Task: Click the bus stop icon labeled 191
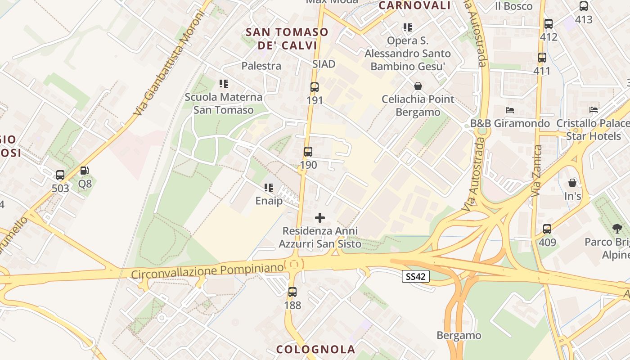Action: point(314,87)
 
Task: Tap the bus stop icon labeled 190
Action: point(308,152)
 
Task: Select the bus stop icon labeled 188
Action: point(292,292)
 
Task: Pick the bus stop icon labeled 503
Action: point(60,175)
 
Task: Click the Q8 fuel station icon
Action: point(84,171)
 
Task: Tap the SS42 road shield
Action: point(415,277)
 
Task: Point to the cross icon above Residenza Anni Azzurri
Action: point(320,218)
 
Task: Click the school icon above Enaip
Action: point(269,188)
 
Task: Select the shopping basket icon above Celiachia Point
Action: point(418,86)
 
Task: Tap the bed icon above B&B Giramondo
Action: point(510,110)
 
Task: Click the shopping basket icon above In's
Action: point(572,183)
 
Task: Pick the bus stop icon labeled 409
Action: point(547,229)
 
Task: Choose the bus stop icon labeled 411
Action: point(542,58)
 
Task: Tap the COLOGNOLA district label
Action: point(315,349)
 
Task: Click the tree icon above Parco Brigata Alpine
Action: point(617,229)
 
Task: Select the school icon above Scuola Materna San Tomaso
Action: point(224,84)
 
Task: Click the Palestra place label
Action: point(261,66)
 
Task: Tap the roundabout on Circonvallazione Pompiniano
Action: point(294,265)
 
